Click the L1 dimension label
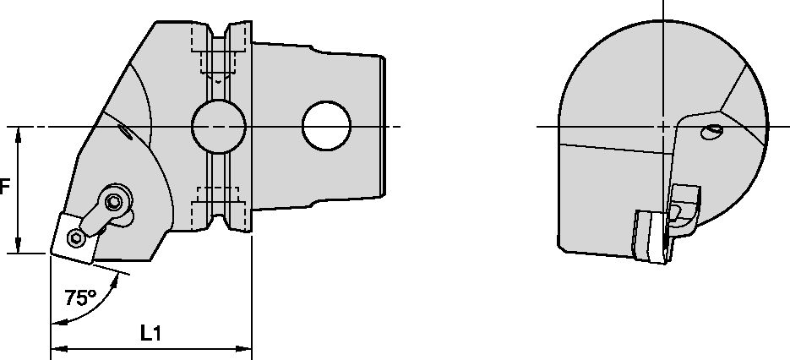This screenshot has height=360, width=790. (x=151, y=334)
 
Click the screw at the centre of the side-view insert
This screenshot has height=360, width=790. (x=75, y=236)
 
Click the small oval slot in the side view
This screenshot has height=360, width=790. (x=124, y=131)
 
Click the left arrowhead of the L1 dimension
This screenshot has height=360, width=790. (x=57, y=347)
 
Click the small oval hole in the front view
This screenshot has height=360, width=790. (x=713, y=131)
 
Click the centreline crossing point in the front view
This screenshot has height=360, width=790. (x=664, y=127)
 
